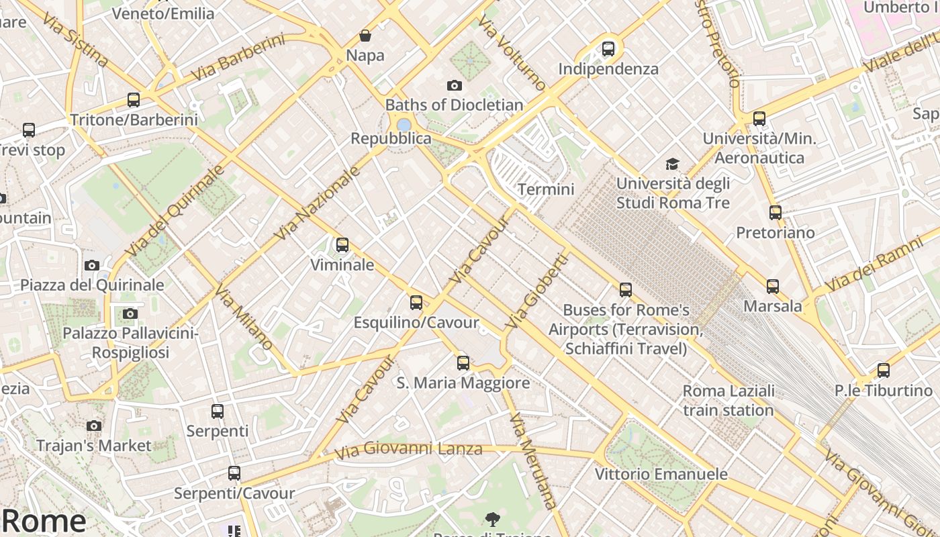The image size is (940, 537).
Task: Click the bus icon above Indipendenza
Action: point(608,48)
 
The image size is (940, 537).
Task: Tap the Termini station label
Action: point(546,189)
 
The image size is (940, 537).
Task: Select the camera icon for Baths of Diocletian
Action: point(455,85)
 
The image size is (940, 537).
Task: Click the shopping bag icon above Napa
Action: point(365,36)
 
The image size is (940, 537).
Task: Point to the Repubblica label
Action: point(391,138)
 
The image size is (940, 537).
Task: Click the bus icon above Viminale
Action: point(342,245)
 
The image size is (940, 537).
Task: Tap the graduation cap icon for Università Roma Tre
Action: point(672,164)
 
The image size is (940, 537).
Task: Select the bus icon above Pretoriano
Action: point(775,213)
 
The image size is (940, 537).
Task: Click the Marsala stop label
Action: point(773,306)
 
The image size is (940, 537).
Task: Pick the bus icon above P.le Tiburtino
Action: point(884,370)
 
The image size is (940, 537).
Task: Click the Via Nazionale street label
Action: point(318,203)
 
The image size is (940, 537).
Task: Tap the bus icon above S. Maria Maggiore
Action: point(463,363)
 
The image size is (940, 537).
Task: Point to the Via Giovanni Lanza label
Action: point(409,449)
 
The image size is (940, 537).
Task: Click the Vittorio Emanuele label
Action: point(661,474)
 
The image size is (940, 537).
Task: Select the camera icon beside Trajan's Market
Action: point(94,426)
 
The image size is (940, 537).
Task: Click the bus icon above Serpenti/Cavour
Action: point(234,473)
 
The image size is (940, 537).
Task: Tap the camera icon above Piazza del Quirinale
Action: point(92,265)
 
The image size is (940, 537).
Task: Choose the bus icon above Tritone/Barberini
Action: point(134,100)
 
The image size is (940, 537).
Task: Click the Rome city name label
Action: point(44,521)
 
